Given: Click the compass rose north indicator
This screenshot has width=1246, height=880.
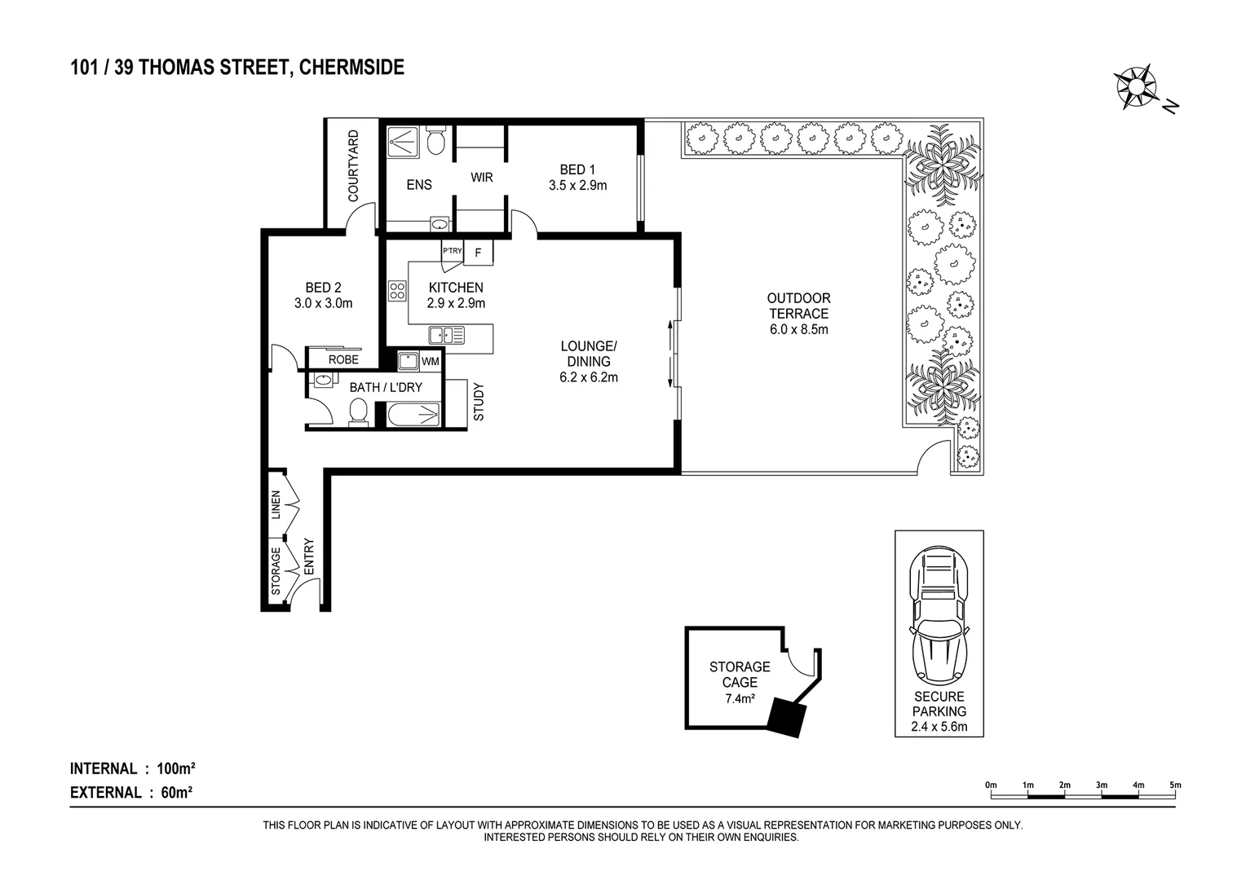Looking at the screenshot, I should pos(1138,86).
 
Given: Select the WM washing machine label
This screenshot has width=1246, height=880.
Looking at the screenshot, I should pos(431,361).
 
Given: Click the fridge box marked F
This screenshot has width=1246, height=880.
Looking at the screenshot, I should pos(479,253).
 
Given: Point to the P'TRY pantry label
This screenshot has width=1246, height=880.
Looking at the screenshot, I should pos(452,251).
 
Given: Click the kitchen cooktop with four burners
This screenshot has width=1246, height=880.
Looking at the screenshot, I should pos(397,291).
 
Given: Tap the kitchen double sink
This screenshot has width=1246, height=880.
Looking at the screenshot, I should pos(446,334).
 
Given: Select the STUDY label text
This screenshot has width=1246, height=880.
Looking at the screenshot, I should pos(479,402).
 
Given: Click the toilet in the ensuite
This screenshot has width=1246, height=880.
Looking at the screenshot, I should pos(435,141).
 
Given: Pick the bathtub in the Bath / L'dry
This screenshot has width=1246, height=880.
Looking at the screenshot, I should pos(413,416).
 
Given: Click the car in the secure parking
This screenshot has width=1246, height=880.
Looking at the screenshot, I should pos(939,615).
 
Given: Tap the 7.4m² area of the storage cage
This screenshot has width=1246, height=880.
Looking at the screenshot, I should pos(740,698).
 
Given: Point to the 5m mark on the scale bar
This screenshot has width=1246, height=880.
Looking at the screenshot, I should pos(1174,785).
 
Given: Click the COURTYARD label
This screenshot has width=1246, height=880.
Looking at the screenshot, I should pos(353,166).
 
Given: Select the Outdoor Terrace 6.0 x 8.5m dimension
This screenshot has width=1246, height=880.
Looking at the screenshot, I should pos(798,329).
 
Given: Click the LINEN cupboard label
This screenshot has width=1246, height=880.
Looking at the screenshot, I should pos(276,504).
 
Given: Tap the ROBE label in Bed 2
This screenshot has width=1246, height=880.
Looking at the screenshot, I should pos(343,359).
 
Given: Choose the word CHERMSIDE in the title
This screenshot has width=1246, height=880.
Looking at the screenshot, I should pos(351,68).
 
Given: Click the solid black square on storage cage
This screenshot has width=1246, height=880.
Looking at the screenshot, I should pos(787,717).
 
